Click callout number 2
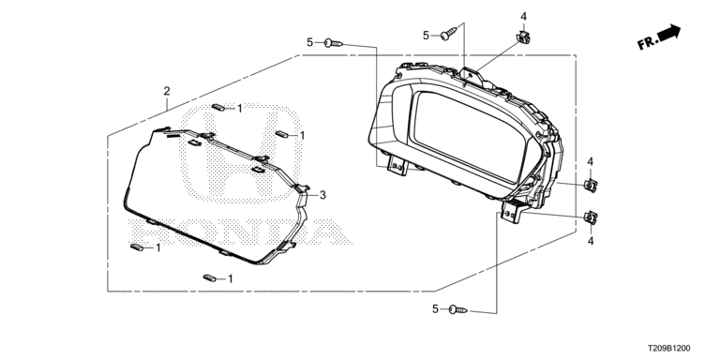(x=167, y=91)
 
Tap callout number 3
(x=322, y=195)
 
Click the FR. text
(x=648, y=42)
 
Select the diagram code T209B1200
(x=668, y=349)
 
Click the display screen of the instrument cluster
(x=468, y=135)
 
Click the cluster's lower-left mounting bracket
(x=397, y=165)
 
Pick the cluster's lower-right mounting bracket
(x=513, y=211)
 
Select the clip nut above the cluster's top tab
(x=522, y=37)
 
